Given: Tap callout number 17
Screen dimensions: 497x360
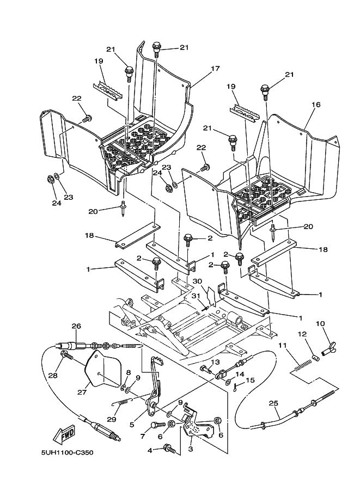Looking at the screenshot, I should pyautogui.click(x=215, y=69).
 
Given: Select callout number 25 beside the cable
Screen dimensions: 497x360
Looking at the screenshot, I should pyautogui.click(x=274, y=403).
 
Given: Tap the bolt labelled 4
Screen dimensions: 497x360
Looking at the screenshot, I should pyautogui.click(x=169, y=449).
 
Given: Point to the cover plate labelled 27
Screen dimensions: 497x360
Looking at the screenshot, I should pyautogui.click(x=102, y=370).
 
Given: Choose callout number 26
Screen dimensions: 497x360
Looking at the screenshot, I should pyautogui.click(x=76, y=327).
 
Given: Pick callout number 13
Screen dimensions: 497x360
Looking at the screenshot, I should pyautogui.click(x=215, y=362).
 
